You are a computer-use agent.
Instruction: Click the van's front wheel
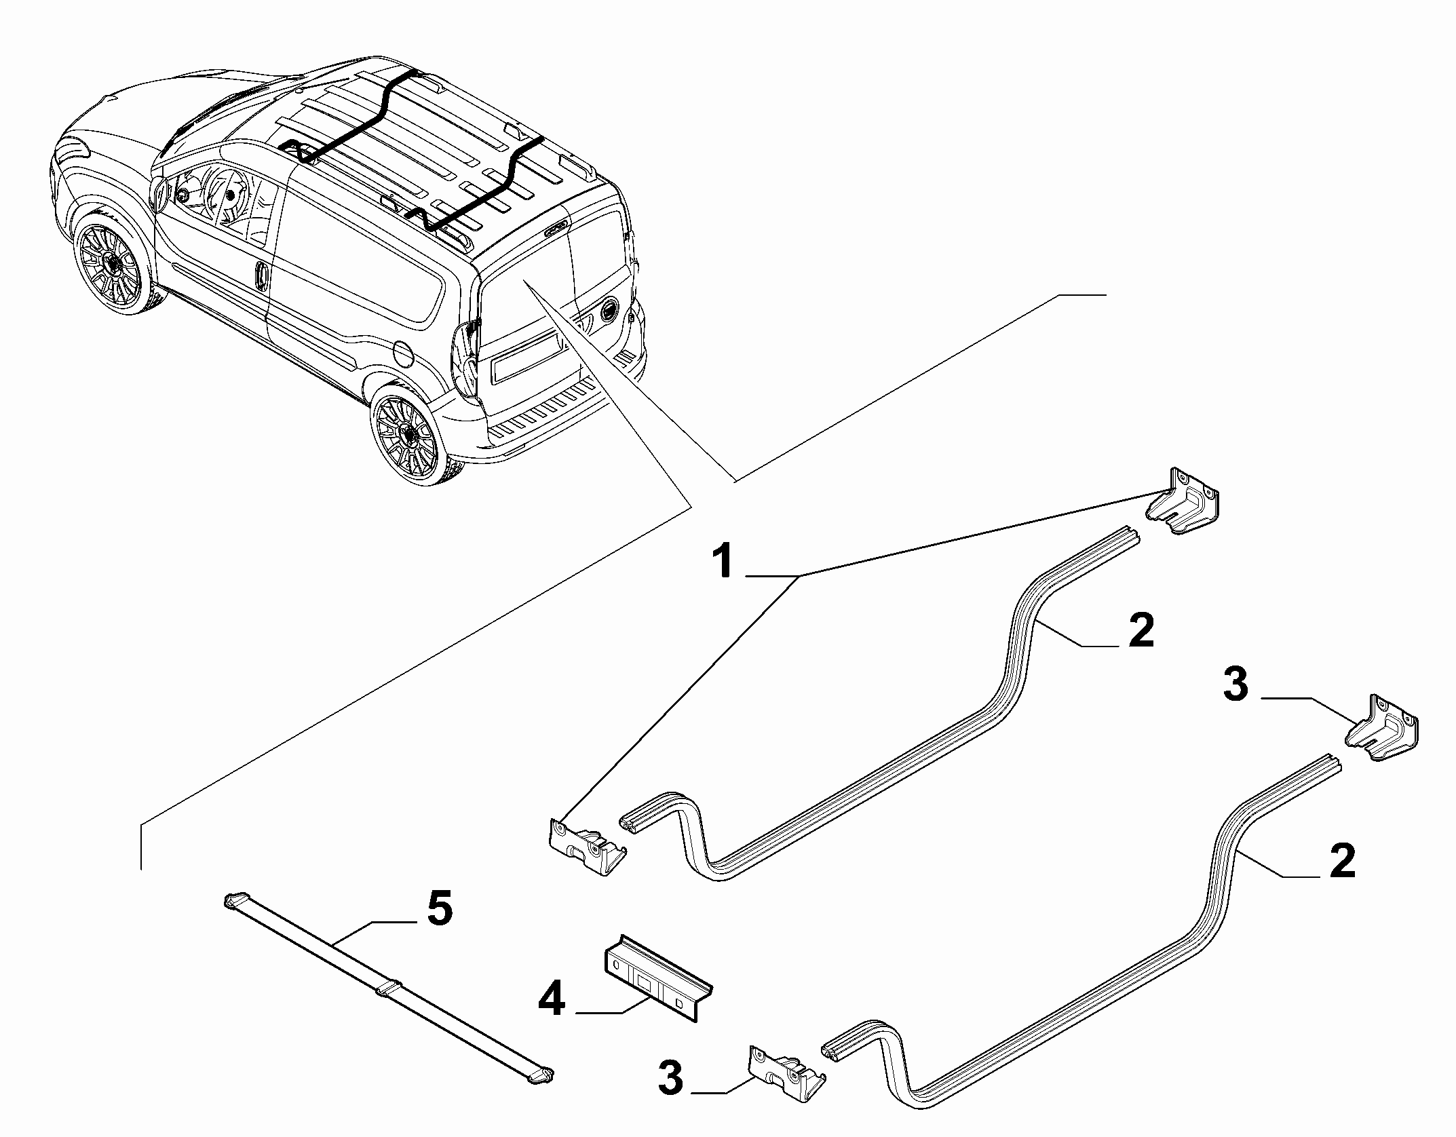(111, 262)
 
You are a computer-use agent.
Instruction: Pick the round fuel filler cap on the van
(404, 351)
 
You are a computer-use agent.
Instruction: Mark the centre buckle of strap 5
(387, 987)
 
